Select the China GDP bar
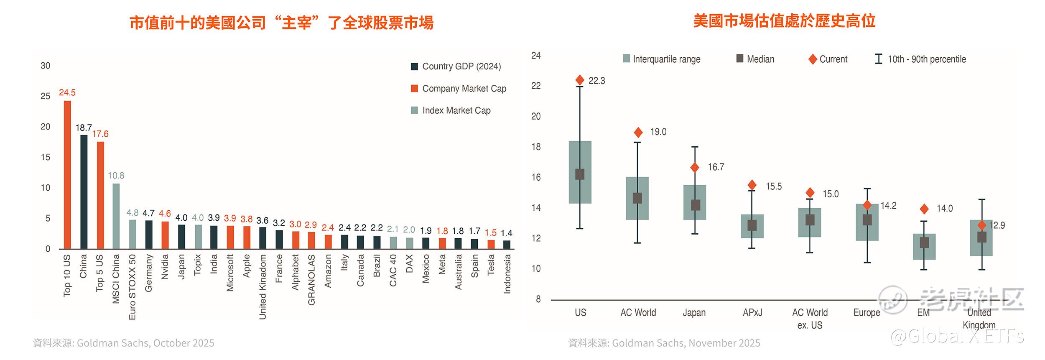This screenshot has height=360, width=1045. coord(84,192)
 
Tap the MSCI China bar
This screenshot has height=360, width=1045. coord(116,216)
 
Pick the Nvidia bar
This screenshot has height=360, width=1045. coord(165,235)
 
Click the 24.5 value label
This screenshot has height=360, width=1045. coord(67,92)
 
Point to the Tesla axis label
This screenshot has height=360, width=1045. coord(491,265)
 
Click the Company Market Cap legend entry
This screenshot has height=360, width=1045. coord(464,89)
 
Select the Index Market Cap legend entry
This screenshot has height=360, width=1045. coord(456,110)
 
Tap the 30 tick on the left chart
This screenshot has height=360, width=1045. coord(45,66)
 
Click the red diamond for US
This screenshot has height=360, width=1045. coord(580,80)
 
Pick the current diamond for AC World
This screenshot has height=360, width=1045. coord(638,133)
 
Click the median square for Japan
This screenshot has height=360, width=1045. coord(695,205)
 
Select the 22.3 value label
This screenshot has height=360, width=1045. coord(596,81)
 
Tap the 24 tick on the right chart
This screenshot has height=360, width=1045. coord(535,56)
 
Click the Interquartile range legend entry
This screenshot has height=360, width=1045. coord(666,59)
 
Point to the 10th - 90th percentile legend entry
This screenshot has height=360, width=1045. coord(926,59)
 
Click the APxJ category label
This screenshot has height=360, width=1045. coord(752,313)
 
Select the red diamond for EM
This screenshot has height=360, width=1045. coord(924,209)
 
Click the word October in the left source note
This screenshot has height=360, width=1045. coord(171,343)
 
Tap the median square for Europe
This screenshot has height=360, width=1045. coord(867,220)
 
